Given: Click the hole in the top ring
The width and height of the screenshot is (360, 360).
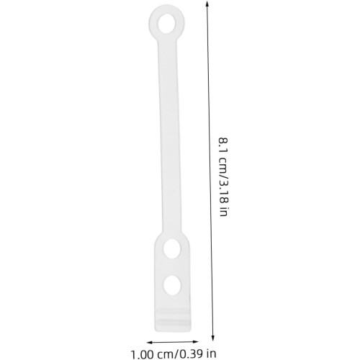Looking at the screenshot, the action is [166, 24].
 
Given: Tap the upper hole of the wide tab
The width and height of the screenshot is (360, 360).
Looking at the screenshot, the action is [172, 249].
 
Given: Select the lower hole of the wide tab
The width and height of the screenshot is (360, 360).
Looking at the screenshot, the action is [172, 285].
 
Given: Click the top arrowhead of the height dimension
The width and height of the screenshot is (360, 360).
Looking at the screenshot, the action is [207, 3].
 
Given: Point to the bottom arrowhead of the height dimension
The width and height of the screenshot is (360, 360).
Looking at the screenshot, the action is [212, 338].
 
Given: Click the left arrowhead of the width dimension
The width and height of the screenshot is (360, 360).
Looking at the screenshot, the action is [150, 343].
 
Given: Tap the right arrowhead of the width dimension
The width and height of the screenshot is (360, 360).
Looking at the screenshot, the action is [196, 341].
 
